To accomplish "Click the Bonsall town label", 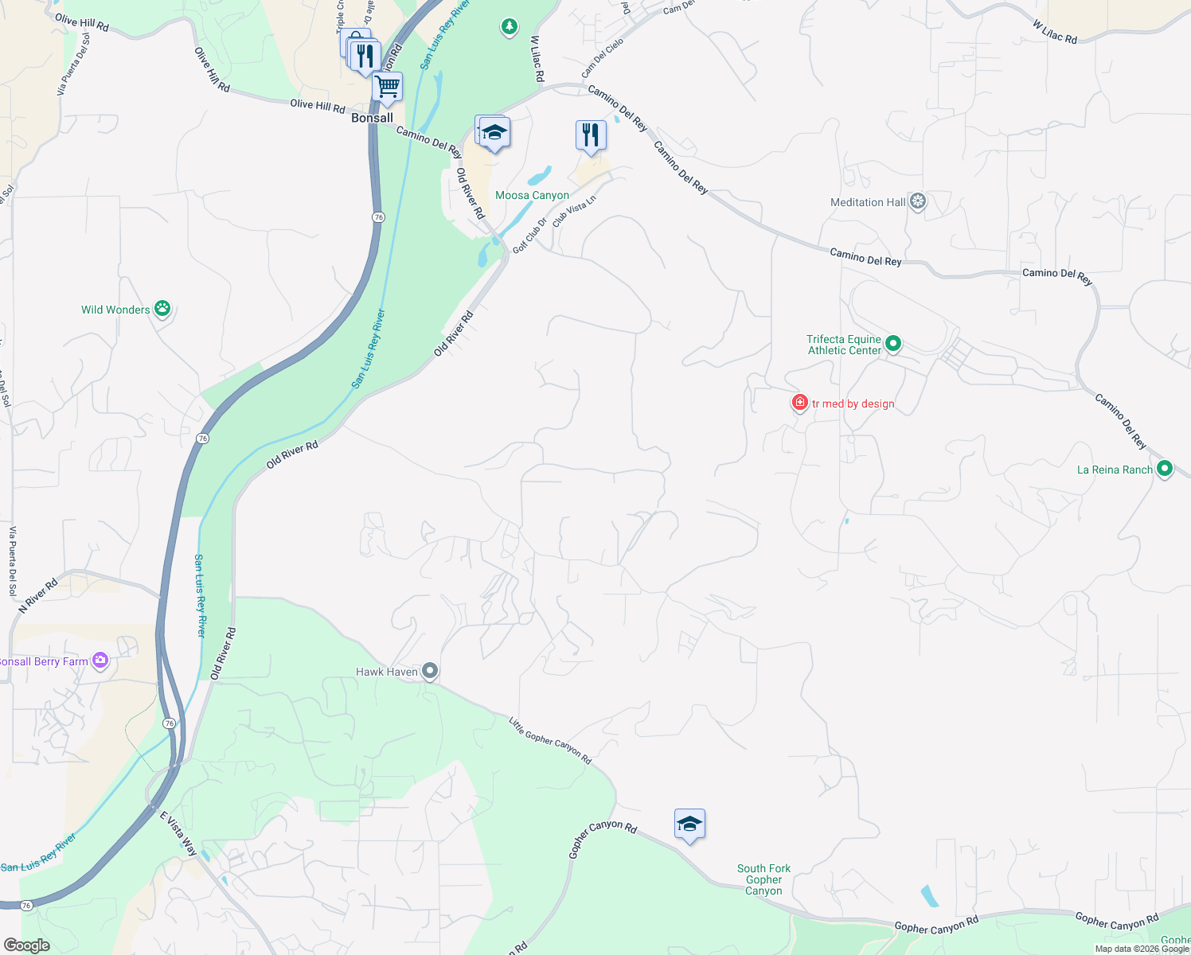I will coord(372,118).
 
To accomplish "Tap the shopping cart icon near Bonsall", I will coord(387,87).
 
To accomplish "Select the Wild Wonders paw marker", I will coord(162,309).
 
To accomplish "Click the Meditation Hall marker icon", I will coord(918,201).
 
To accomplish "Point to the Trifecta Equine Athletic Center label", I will coord(844,345).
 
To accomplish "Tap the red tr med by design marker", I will coord(800,403).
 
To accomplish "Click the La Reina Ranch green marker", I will coord(1165,469).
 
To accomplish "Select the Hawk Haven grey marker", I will coord(430,672).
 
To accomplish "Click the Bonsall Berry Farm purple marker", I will coord(100,661).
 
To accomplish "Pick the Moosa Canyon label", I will coord(532,195).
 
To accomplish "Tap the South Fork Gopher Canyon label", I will coord(763,879).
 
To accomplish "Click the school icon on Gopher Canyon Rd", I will coord(689,824).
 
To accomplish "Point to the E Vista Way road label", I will coord(178,833).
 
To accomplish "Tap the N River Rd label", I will coord(38,595).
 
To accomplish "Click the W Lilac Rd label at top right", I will coord(1054,32).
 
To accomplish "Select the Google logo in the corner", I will coord(27,945).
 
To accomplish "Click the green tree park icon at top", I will coord(510,27).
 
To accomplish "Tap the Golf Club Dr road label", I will coord(529,236).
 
